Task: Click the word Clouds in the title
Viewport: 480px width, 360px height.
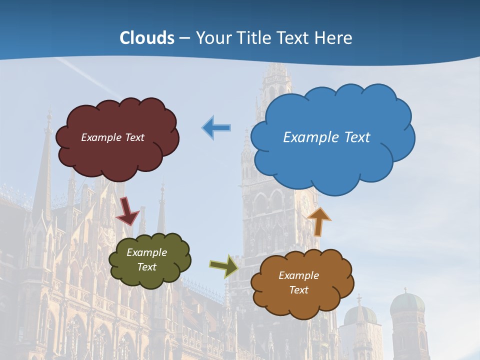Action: click(147, 37)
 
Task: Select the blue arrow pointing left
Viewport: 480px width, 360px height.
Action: click(216, 128)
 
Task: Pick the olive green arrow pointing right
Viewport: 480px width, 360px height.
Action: click(223, 266)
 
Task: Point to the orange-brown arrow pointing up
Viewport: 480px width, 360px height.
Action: click(319, 220)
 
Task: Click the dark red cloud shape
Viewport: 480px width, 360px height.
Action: click(117, 155)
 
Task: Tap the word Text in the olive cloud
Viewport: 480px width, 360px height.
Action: click(147, 267)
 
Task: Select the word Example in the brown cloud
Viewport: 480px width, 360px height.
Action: click(298, 275)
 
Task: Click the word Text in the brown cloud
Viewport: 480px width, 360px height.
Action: click(298, 290)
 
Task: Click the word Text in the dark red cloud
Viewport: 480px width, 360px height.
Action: click(134, 137)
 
